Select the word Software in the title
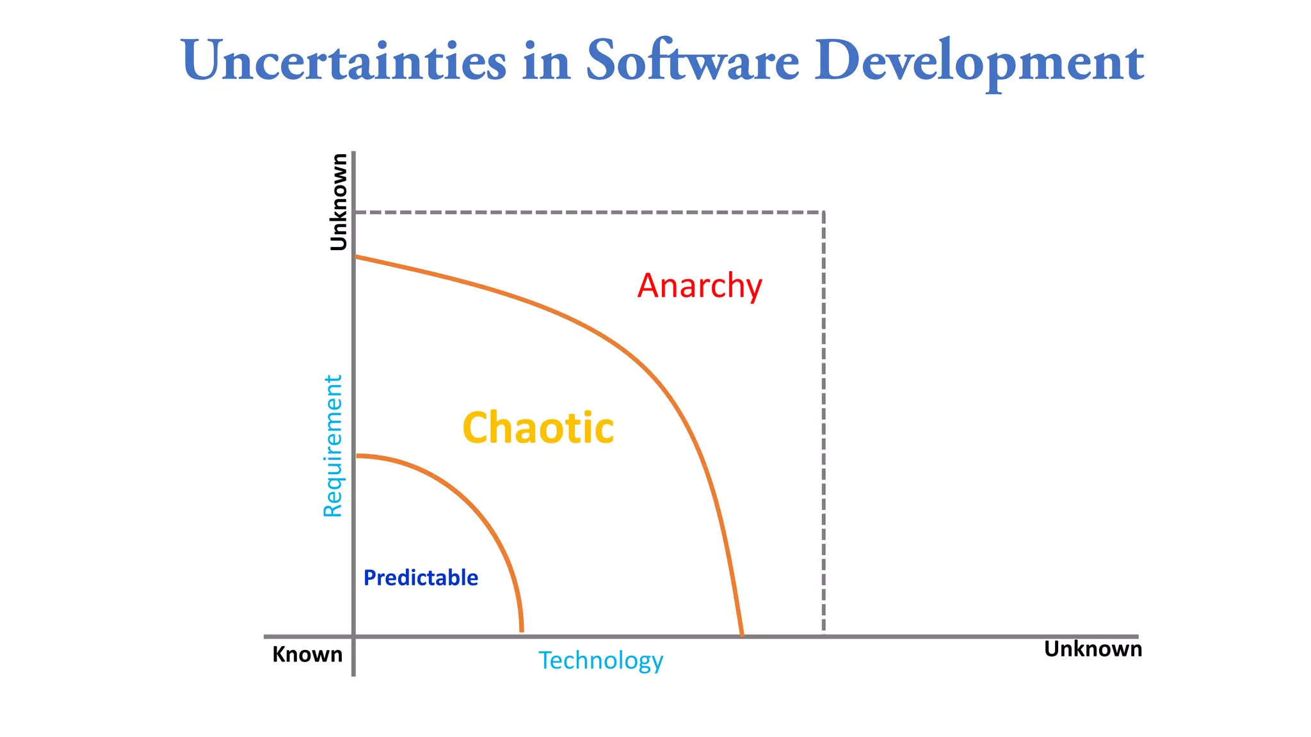[692, 61]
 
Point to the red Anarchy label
[700, 286]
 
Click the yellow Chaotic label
[538, 428]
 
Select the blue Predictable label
[421, 578]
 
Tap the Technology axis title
[600, 661]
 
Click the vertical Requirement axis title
[333, 446]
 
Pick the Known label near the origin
[307, 654]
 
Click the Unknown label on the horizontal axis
[1093, 649]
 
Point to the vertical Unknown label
[338, 202]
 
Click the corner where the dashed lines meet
[823, 212]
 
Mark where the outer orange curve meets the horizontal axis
[742, 635]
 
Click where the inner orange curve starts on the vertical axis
[356, 456]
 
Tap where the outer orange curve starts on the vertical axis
[356, 257]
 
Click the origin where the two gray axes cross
[353, 637]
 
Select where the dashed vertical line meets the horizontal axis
[823, 635]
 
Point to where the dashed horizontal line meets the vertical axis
[355, 212]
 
